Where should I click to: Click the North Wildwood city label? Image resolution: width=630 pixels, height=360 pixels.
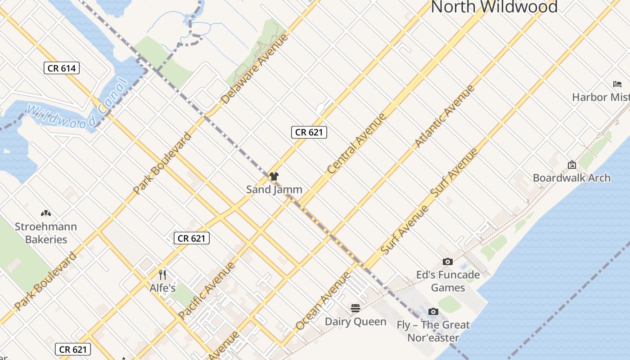click(x=494, y=7)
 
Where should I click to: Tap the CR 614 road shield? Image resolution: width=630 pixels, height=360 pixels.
click(x=62, y=68)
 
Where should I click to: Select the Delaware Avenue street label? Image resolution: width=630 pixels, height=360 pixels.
click(x=255, y=68)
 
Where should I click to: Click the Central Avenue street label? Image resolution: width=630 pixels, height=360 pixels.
click(x=356, y=144)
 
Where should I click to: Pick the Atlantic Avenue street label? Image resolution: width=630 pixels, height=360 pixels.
click(x=445, y=116)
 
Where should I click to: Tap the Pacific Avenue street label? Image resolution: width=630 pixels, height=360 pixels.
click(x=207, y=290)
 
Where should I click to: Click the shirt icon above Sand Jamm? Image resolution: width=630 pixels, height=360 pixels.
click(x=274, y=176)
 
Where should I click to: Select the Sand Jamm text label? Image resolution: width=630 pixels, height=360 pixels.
click(x=274, y=189)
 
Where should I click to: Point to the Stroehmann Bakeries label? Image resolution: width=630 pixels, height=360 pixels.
click(x=46, y=233)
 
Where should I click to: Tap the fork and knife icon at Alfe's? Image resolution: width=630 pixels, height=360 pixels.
click(x=162, y=274)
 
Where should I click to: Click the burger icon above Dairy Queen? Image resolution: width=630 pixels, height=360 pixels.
click(x=355, y=308)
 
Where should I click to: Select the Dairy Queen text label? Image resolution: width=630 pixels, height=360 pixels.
click(x=355, y=322)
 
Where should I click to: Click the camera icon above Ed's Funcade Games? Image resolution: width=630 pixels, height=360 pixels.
click(x=447, y=261)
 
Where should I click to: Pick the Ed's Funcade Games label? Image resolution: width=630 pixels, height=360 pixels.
click(x=448, y=281)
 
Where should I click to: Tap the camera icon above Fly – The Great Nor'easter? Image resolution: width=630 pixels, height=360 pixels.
click(x=433, y=311)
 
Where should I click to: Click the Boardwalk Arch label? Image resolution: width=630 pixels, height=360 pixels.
click(x=571, y=178)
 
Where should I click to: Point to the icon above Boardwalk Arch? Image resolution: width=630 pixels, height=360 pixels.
click(x=571, y=165)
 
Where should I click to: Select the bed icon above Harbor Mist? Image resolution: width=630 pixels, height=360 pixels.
click(x=617, y=84)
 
